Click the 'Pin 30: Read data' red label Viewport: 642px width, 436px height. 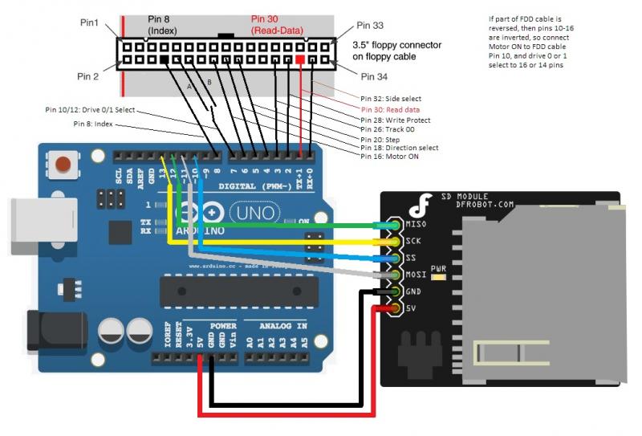(x=391, y=109)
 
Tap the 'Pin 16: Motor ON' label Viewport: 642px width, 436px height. (x=390, y=156)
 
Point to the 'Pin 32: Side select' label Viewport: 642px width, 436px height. (x=392, y=98)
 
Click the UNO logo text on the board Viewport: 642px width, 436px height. (x=256, y=213)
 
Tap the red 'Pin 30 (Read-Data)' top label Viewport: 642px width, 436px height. (x=277, y=24)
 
